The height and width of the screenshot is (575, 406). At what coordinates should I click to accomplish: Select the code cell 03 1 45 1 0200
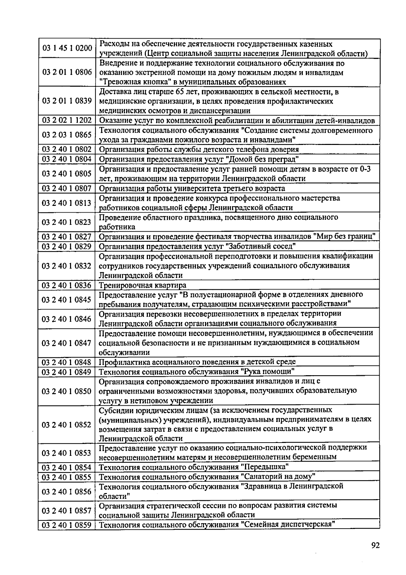[x=67, y=48]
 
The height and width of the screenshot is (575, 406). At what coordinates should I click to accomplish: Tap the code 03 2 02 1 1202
[x=67, y=121]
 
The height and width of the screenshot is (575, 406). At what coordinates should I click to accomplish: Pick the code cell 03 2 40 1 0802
[x=67, y=149]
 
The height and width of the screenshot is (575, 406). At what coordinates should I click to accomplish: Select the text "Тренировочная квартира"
[x=142, y=285]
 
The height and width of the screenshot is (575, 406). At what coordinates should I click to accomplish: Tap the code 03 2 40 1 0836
[x=67, y=285]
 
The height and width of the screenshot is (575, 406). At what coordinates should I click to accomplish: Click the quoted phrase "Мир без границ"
[x=345, y=236]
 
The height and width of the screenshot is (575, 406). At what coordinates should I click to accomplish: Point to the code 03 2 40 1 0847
[x=67, y=343]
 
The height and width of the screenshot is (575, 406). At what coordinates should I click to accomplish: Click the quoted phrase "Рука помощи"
[x=268, y=372]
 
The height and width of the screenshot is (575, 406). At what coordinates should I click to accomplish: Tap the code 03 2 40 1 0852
[x=67, y=425]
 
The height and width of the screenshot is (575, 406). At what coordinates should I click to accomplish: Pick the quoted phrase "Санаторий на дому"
[x=278, y=477]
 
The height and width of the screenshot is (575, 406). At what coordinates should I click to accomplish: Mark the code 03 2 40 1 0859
[x=67, y=525]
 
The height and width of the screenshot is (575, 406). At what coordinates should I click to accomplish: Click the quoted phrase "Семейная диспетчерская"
[x=288, y=525]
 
